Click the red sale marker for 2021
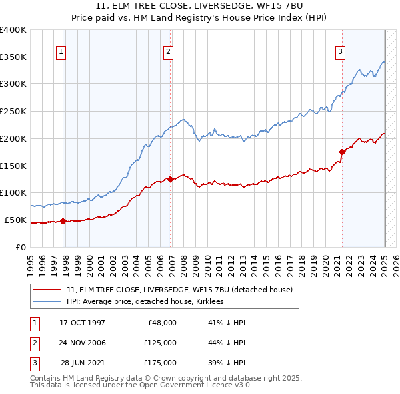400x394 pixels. [343, 152]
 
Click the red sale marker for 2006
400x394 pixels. [171, 179]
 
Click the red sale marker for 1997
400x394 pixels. [63, 221]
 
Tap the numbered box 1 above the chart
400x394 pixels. [61, 51]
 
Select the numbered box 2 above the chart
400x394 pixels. [168, 51]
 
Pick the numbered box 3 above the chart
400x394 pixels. [340, 51]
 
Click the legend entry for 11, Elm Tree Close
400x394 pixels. [179, 290]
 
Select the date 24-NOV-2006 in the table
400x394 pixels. [83, 343]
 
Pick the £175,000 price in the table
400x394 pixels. [160, 363]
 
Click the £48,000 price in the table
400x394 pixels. [162, 323]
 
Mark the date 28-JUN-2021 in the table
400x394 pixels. [83, 363]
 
